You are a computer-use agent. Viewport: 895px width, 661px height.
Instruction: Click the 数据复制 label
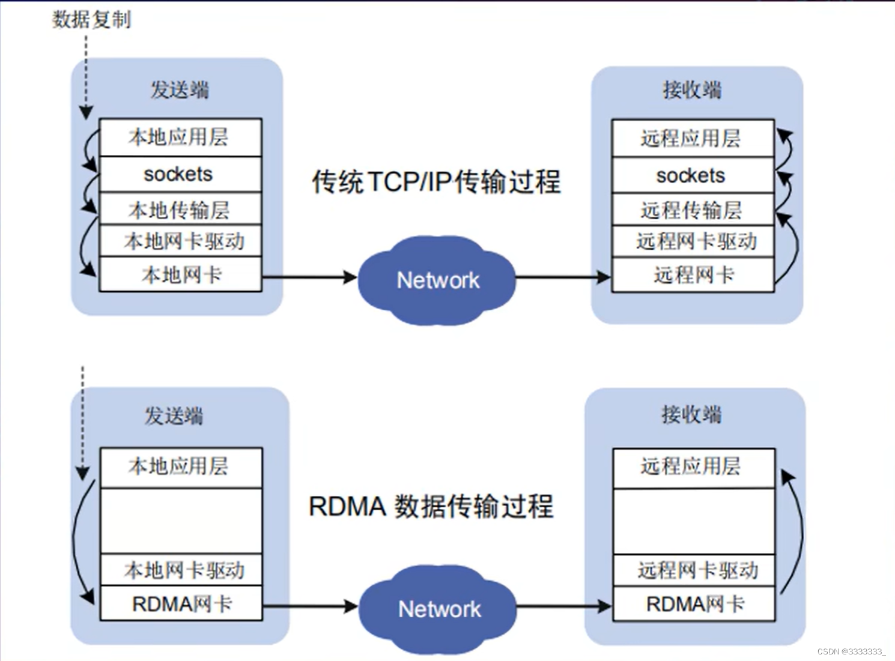point(91,19)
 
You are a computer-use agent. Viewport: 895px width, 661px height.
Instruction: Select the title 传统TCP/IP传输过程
point(436,181)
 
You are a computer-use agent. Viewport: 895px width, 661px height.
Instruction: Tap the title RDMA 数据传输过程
point(431,506)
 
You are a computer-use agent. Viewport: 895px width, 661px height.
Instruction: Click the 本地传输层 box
point(180,210)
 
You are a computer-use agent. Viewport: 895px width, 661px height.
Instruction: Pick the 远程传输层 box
point(693,210)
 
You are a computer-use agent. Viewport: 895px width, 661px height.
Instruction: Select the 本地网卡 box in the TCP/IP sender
point(180,275)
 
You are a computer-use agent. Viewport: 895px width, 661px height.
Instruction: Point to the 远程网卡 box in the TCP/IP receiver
point(693,275)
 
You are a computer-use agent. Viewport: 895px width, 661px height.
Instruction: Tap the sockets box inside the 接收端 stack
point(693,175)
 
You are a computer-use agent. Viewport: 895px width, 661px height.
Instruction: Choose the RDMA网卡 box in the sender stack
point(181,603)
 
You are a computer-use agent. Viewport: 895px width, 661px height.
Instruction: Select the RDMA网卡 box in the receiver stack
point(694,603)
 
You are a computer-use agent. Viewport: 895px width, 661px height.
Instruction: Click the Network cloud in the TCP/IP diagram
point(437,280)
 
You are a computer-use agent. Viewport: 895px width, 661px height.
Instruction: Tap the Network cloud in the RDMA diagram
point(438,609)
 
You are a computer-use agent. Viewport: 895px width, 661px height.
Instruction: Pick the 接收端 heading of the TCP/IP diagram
point(692,90)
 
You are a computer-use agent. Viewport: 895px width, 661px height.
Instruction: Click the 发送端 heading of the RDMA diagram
point(174,415)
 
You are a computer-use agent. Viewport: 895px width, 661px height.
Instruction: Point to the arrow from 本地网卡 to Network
point(309,277)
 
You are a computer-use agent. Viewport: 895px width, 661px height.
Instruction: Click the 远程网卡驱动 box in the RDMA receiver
point(694,570)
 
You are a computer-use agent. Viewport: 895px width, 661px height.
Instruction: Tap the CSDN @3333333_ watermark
point(851,651)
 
